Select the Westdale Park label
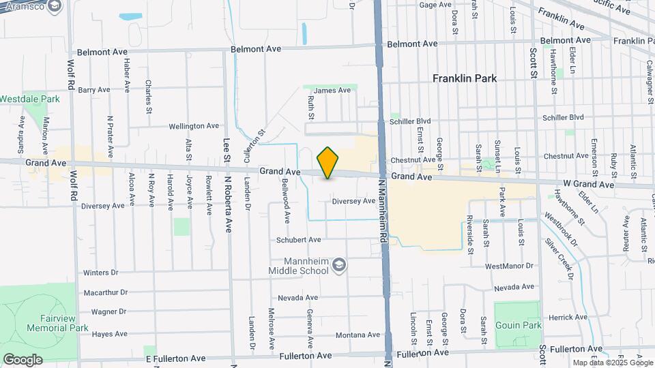click(x=30, y=99)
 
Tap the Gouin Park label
click(x=518, y=325)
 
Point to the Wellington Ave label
click(x=194, y=126)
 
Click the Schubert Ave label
click(x=298, y=240)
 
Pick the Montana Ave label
click(x=357, y=335)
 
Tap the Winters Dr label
click(x=100, y=273)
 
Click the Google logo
click(x=23, y=360)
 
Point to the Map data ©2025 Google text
click(x=611, y=363)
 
